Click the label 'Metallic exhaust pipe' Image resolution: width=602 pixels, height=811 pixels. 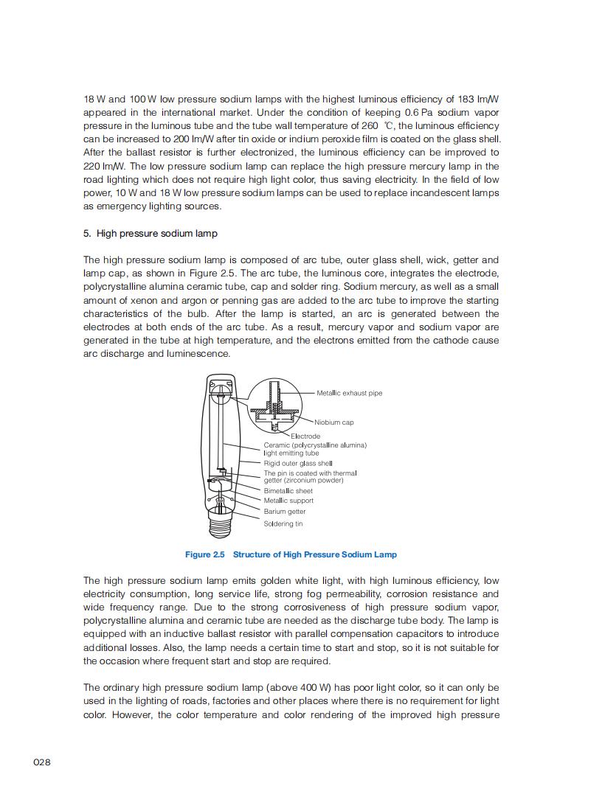(x=349, y=393)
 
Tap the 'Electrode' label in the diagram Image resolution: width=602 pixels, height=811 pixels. (x=305, y=436)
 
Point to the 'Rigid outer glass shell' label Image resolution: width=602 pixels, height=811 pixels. (x=303, y=463)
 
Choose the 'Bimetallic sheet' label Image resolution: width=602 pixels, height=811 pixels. (x=288, y=490)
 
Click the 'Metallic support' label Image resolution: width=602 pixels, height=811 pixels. (x=288, y=501)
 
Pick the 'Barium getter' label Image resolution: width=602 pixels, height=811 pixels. (x=285, y=511)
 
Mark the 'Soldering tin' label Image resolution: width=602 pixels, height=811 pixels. (x=283, y=523)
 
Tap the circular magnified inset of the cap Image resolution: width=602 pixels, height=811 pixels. (x=274, y=404)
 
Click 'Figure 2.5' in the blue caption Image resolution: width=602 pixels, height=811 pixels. (x=204, y=554)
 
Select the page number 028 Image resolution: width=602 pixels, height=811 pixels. (x=42, y=762)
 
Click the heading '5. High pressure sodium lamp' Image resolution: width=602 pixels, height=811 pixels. (x=150, y=234)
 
